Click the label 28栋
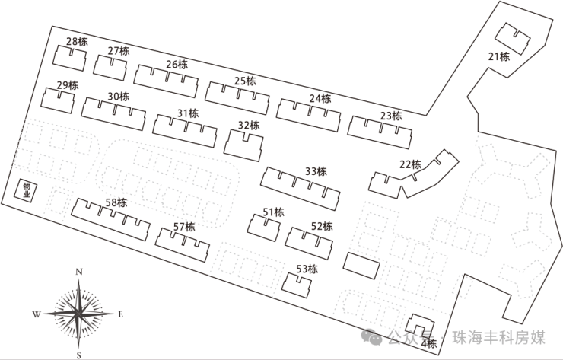tap(77, 41)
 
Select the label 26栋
tap(177, 65)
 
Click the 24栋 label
tap(320, 98)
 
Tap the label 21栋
tap(499, 56)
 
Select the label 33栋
tap(315, 171)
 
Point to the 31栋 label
tap(187, 113)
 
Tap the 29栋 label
tap(67, 85)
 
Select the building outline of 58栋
tap(111, 219)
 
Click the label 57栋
tap(184, 227)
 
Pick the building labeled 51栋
tap(264, 228)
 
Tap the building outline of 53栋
tap(297, 285)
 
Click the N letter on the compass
tap(78, 272)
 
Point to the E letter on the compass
tap(120, 314)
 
